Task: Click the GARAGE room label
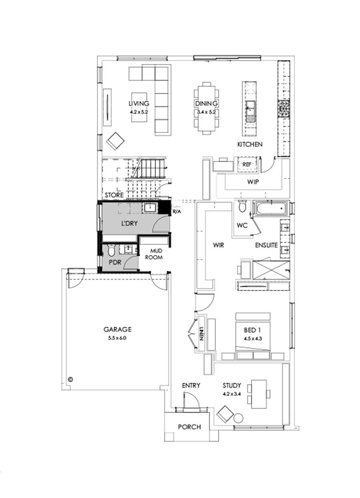118,330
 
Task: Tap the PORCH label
189,427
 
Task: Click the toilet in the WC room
242,206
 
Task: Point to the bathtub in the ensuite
270,208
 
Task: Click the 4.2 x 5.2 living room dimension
139,112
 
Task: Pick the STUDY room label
232,386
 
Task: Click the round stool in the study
238,418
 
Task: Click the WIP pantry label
253,182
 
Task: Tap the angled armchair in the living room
116,140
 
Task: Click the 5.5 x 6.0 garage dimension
118,338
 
